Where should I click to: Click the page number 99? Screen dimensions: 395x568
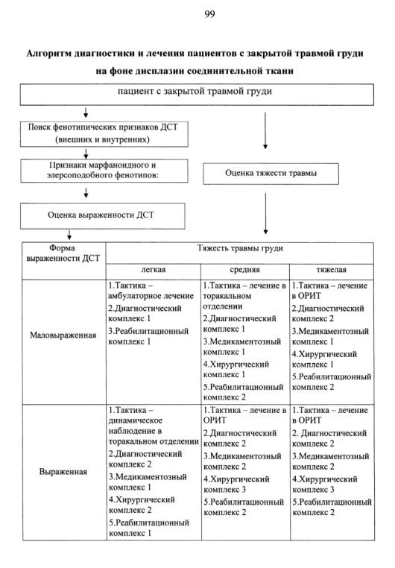tap(209, 14)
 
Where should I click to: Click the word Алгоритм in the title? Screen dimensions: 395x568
tap(48, 54)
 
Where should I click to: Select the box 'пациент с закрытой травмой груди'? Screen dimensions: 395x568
tap(197, 95)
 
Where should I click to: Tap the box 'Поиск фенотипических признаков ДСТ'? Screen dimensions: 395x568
tap(104, 134)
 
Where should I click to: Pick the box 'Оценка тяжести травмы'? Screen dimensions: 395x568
tap(271, 174)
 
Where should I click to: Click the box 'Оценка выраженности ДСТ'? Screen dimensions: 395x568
tap(102, 215)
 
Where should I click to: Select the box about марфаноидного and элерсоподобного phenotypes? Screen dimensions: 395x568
tap(104, 171)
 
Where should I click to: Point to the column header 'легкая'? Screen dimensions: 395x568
tap(154, 270)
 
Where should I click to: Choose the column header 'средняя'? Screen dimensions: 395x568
tap(244, 270)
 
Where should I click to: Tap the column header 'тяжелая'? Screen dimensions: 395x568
tap(332, 270)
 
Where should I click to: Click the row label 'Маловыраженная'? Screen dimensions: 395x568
tap(63, 335)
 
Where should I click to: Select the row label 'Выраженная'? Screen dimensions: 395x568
tap(63, 472)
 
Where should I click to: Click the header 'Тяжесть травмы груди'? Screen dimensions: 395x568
tap(240, 248)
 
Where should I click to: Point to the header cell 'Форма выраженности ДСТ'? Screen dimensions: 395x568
tap(63, 253)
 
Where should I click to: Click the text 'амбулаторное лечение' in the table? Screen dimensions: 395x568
tap(151, 296)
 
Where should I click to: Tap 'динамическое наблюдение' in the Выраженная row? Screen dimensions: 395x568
tap(136, 426)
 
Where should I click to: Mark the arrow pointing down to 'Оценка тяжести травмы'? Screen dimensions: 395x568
tap(265, 130)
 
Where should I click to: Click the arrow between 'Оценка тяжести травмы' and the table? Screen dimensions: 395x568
tap(265, 214)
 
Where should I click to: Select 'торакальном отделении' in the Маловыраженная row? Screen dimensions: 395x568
tap(227, 301)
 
